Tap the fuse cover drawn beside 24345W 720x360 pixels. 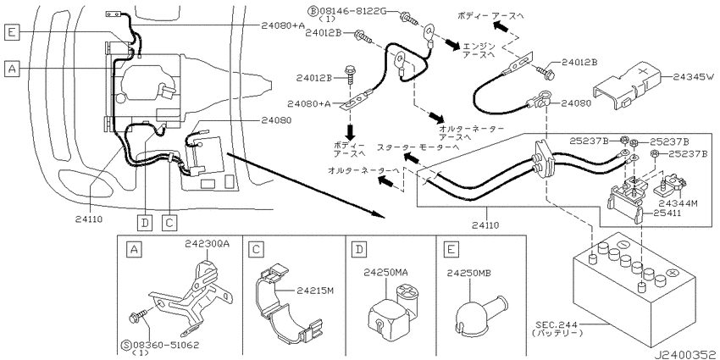click(x=626, y=86)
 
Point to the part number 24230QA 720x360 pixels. click(x=207, y=244)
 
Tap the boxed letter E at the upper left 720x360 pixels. click(x=12, y=31)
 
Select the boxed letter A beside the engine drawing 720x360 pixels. click(x=12, y=69)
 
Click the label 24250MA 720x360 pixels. click(x=385, y=273)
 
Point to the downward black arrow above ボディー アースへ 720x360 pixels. click(x=351, y=130)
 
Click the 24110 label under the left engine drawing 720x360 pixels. click(x=86, y=219)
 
